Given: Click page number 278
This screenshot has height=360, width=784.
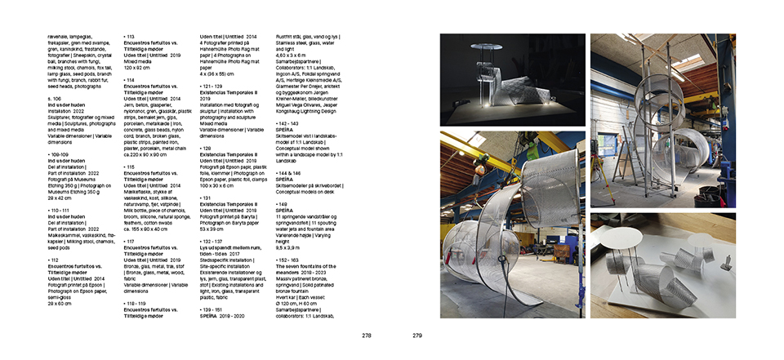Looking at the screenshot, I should (367, 336).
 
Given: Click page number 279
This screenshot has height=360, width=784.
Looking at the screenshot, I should (417, 336).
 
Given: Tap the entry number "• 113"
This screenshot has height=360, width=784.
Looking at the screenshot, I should (129, 37).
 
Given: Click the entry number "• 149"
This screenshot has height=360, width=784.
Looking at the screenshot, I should (284, 203).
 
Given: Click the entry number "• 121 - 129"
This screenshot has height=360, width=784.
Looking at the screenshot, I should (215, 86).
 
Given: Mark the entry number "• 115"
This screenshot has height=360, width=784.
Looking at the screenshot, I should (129, 167).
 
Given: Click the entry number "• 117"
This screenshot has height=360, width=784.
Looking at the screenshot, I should (129, 241).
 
